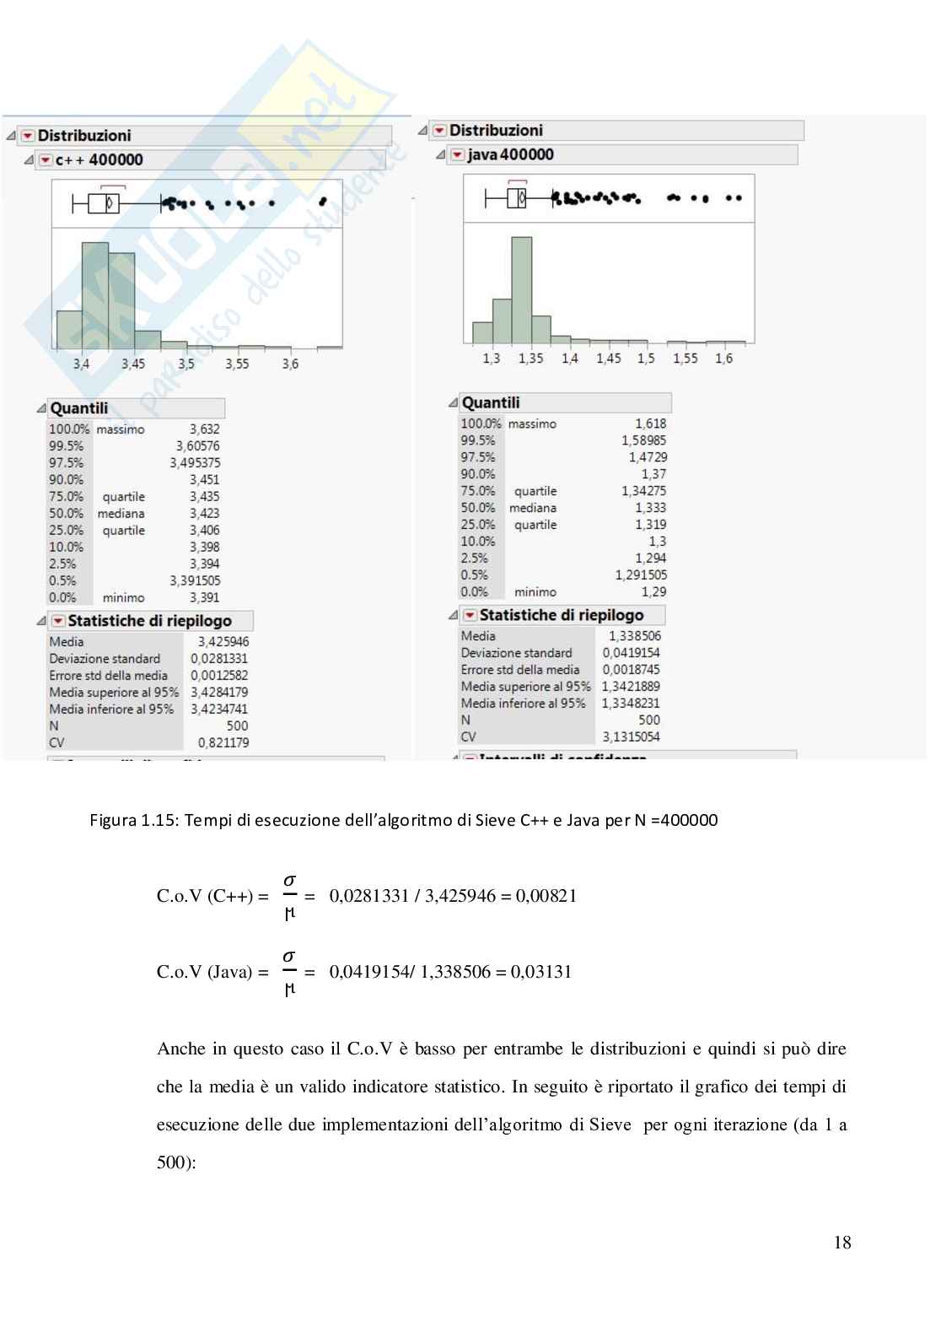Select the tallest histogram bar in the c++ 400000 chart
click(94, 295)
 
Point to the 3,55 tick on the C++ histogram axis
click(237, 364)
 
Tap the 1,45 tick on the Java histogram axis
click(608, 359)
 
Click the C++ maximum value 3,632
click(204, 429)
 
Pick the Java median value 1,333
click(650, 508)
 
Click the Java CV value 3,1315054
click(631, 737)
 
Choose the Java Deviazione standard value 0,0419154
click(631, 653)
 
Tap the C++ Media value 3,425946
click(223, 642)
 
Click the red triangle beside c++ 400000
click(46, 160)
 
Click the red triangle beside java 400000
click(457, 155)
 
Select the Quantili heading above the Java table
click(491, 403)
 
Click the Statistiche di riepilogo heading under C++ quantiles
click(149, 621)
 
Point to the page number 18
click(842, 1243)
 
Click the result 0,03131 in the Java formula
click(541, 972)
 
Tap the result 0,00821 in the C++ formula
click(546, 896)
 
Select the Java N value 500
click(648, 720)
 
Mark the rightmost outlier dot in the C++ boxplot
click(323, 202)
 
